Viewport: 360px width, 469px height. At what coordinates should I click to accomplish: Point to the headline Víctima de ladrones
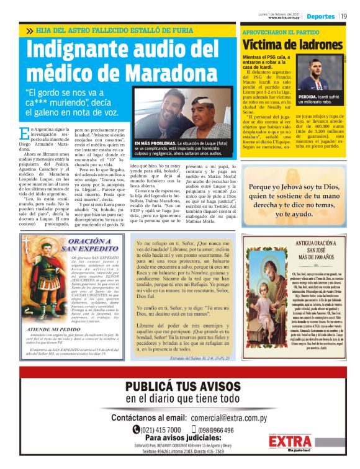pos(292,45)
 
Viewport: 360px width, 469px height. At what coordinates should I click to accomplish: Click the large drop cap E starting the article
pos(24,133)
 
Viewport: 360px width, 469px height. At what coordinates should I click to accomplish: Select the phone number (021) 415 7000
pos(160,429)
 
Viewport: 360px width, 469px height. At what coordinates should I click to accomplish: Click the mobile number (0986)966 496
pos(212,429)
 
